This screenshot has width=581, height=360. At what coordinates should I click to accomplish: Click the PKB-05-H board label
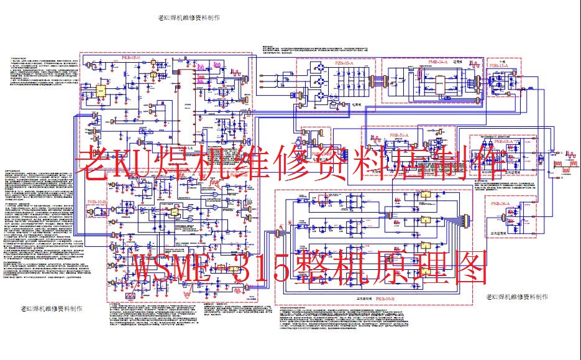point(129,58)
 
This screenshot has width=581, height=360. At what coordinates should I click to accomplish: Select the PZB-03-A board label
point(344,63)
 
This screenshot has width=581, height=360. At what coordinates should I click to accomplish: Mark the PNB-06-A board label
point(500,203)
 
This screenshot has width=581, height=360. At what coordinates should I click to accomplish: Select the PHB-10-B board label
point(97,203)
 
